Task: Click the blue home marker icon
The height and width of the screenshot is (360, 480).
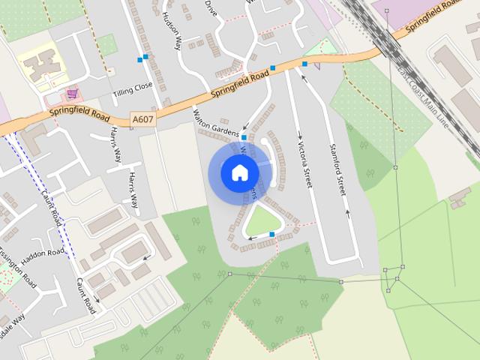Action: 239,172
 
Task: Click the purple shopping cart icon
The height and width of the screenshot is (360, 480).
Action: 72,94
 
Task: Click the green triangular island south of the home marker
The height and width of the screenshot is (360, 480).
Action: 263,221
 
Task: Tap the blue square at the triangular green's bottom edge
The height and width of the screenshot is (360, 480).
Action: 271,235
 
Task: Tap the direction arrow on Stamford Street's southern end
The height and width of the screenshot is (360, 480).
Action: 348,213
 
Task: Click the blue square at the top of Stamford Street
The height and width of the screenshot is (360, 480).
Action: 304,64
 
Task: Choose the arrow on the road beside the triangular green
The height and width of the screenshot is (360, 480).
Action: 252,238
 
